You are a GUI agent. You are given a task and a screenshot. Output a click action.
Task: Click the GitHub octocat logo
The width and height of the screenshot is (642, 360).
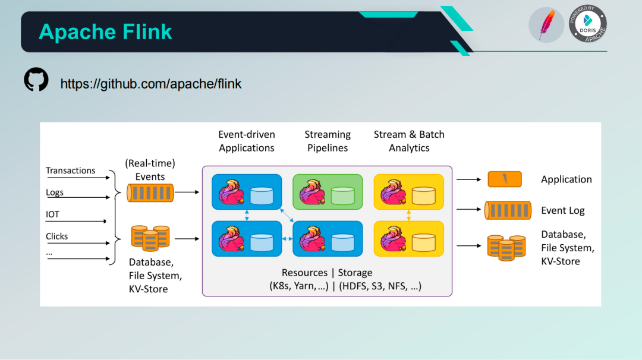[36, 80]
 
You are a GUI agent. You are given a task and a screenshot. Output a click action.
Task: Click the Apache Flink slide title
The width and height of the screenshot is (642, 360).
[105, 32]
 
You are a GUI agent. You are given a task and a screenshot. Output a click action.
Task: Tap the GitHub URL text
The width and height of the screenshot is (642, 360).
[150, 84]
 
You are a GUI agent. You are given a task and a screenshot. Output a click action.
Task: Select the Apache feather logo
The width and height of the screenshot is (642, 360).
[546, 25]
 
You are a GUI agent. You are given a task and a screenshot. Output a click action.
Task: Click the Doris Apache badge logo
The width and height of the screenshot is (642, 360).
[587, 24]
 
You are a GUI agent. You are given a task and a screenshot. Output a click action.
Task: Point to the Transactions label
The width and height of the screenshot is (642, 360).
[70, 170]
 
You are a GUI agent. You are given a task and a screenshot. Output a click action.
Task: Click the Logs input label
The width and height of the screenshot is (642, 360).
[55, 192]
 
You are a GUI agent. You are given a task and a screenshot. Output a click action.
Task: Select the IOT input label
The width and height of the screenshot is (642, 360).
[52, 214]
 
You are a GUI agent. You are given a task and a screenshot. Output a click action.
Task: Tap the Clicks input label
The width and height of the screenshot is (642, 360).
[56, 236]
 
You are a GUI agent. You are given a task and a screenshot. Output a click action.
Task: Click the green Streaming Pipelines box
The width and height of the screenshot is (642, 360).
[328, 192]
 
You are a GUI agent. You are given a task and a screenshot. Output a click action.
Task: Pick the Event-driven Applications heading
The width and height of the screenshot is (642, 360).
[247, 141]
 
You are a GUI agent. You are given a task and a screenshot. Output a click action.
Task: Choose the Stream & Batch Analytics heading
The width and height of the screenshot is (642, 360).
[409, 141]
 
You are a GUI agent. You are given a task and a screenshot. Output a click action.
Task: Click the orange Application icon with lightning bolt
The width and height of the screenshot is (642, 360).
[505, 179]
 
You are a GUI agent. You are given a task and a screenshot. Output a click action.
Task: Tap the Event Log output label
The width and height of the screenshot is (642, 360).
[562, 210]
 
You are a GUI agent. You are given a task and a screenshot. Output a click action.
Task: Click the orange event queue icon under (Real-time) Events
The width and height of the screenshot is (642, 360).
[150, 193]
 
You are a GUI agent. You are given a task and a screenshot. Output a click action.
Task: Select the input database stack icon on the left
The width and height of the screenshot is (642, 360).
[150, 238]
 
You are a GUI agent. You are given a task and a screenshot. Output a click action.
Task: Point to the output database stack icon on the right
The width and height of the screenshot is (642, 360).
[506, 248]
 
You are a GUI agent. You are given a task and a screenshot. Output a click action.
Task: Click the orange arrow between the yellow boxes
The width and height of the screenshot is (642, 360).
[408, 215]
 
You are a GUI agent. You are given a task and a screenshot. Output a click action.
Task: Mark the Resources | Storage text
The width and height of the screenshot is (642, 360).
[327, 273]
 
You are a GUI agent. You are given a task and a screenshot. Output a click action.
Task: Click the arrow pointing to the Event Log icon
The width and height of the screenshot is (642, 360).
[469, 210]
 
